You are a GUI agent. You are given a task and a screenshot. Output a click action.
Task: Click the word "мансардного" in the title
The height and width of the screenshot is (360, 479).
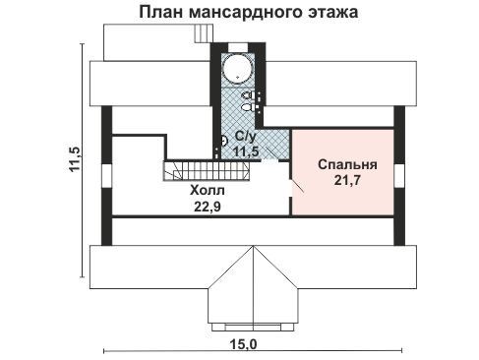pos(245,13)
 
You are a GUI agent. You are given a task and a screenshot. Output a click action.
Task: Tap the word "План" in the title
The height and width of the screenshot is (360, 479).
pos(161,13)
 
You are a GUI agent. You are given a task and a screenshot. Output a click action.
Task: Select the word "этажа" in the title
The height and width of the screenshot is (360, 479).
pos(332,13)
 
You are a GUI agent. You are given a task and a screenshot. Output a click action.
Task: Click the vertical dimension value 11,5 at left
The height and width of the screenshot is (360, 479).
pos(74,159)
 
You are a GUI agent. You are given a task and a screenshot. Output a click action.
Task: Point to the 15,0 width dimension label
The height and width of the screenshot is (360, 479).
pos(243,344)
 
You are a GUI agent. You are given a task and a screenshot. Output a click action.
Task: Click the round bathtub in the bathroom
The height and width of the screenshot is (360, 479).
pos(238,69)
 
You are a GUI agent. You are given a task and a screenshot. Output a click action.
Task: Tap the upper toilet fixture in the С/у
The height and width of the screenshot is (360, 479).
pos(249,95)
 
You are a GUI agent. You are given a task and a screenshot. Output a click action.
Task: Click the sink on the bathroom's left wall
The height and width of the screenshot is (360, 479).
pos(224,142)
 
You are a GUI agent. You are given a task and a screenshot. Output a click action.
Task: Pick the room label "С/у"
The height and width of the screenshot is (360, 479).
pos(245,137)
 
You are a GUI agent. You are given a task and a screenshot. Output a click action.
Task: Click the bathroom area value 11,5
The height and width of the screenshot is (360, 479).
pos(246,151)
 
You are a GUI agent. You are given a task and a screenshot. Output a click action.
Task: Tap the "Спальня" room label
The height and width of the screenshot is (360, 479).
pos(347,164)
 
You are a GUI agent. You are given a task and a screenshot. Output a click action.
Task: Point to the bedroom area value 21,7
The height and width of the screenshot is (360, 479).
pos(347,180)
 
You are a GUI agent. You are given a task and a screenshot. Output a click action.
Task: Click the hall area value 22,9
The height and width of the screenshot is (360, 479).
pos(208,207)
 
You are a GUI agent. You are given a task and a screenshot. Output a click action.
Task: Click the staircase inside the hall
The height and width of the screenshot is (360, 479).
pos(207,170)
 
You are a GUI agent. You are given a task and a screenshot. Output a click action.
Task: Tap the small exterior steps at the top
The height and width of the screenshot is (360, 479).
pos(204,33)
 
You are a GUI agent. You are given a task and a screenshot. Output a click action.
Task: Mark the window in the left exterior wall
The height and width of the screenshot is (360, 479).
pos(106,176)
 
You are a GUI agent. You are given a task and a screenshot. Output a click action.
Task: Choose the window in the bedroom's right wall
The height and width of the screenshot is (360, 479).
pos(399,176)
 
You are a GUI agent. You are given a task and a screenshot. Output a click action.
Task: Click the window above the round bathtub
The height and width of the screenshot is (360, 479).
pos(238,47)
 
